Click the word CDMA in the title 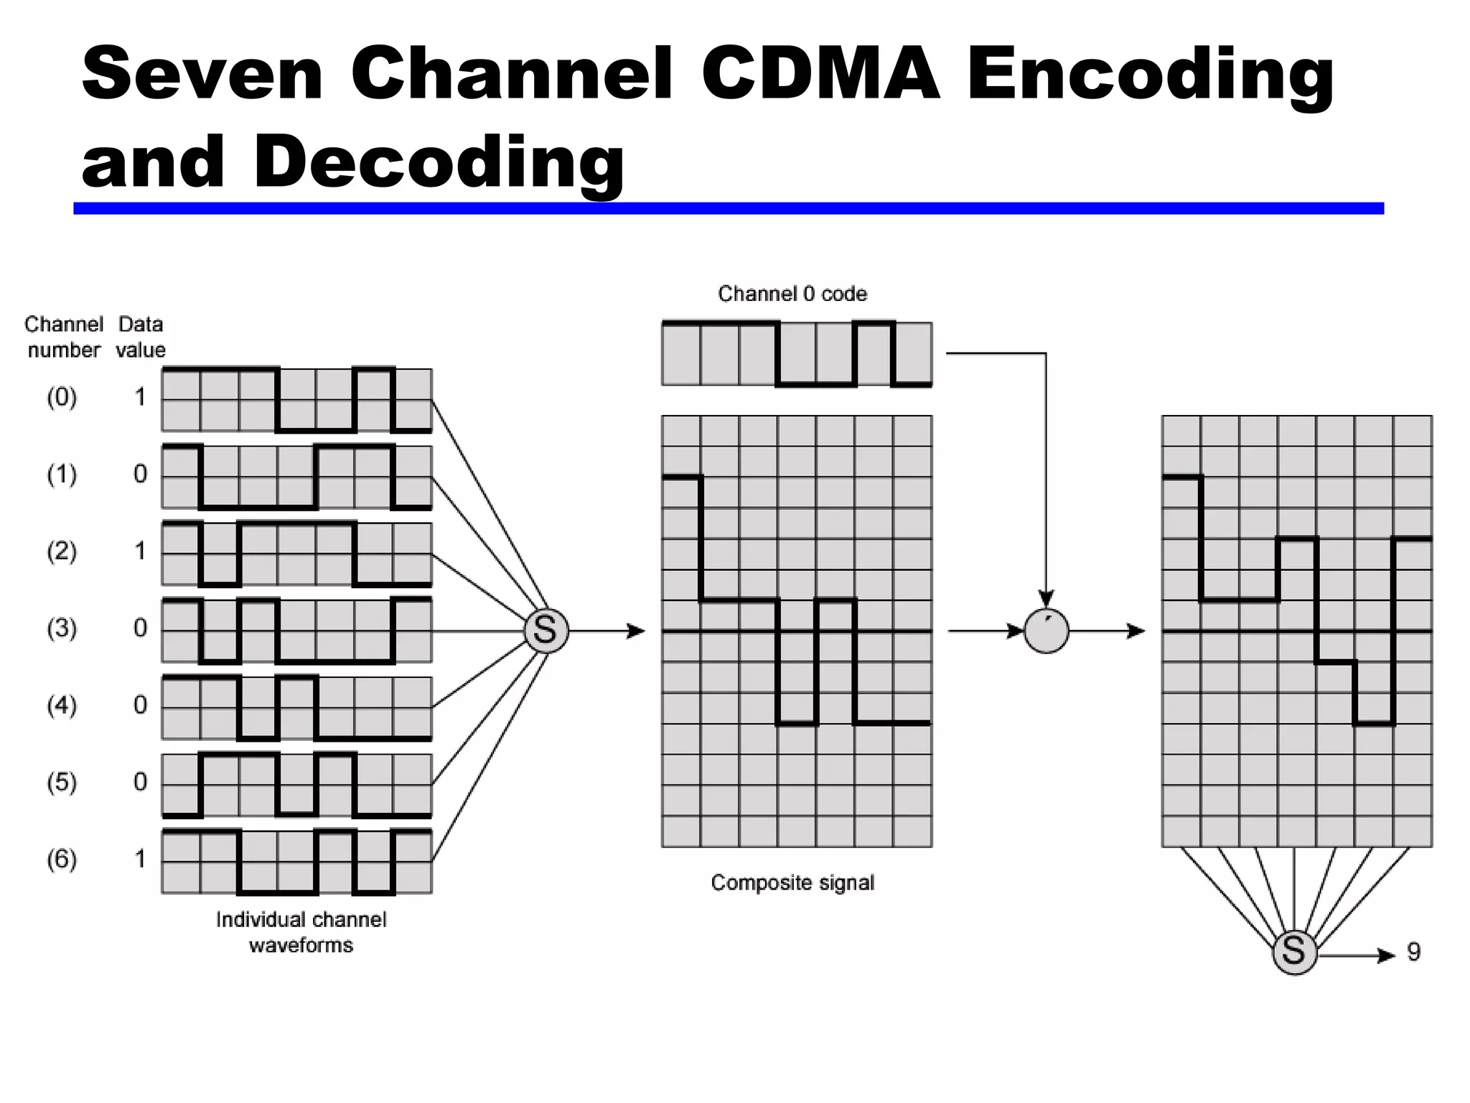pyautogui.click(x=820, y=74)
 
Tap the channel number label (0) pyautogui.click(x=62, y=397)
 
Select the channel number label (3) pyautogui.click(x=62, y=628)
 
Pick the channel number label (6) pyautogui.click(x=62, y=859)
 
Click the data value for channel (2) pyautogui.click(x=140, y=551)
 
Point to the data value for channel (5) pyautogui.click(x=140, y=781)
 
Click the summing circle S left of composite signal pyautogui.click(x=546, y=631)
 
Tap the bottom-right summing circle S pyautogui.click(x=1294, y=952)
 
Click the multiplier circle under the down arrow pyautogui.click(x=1047, y=631)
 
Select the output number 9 pyautogui.click(x=1413, y=952)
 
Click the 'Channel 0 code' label pyautogui.click(x=792, y=294)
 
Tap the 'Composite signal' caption pyautogui.click(x=792, y=883)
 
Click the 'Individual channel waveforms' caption pyautogui.click(x=301, y=932)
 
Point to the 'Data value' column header pyautogui.click(x=141, y=337)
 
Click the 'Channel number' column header pyautogui.click(x=64, y=337)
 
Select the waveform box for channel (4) pyautogui.click(x=296, y=707)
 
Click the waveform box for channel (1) pyautogui.click(x=296, y=477)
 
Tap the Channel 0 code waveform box pyautogui.click(x=797, y=354)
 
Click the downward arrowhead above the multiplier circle pyautogui.click(x=1047, y=599)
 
